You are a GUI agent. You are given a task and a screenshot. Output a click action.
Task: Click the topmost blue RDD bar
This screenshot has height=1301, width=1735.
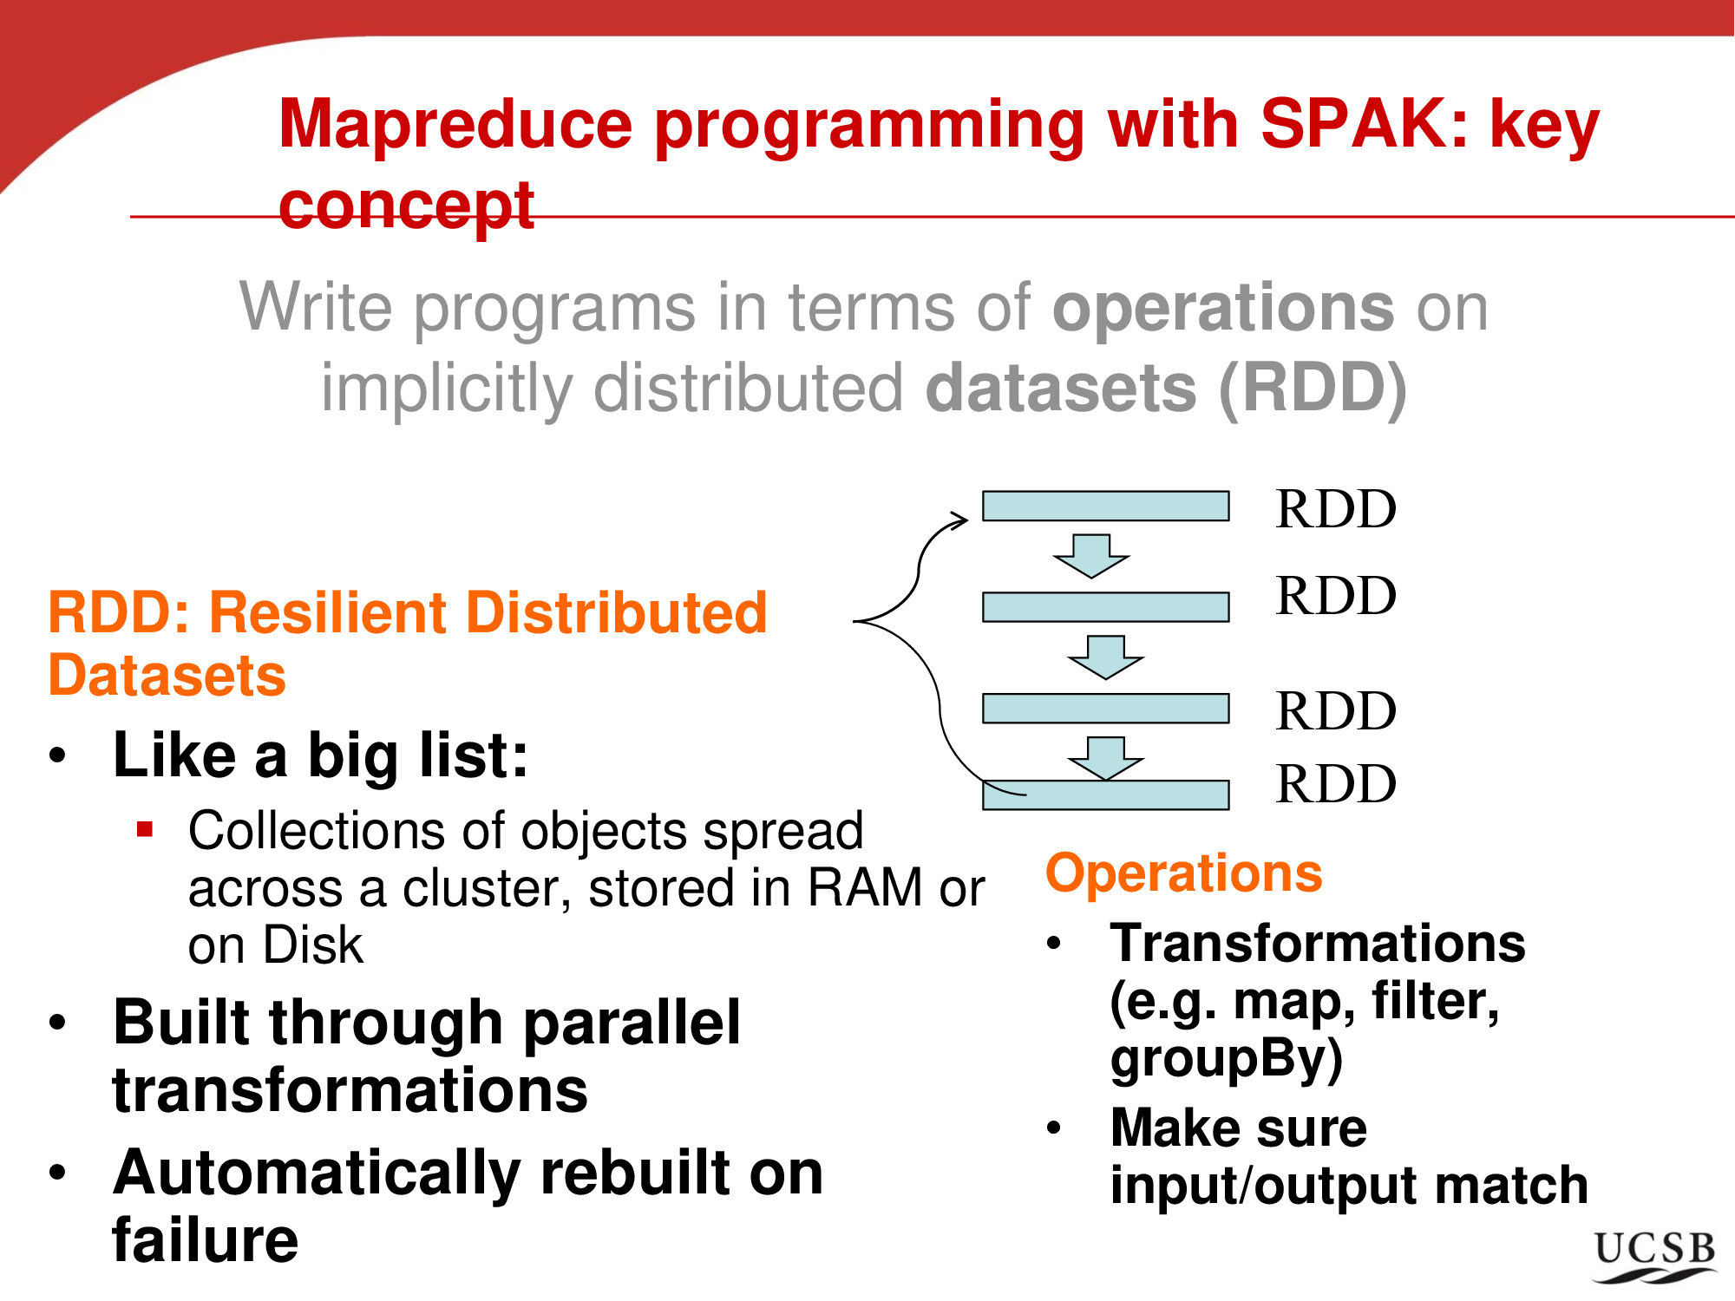click(1105, 506)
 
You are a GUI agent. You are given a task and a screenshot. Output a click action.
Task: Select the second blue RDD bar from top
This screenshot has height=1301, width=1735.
click(1105, 607)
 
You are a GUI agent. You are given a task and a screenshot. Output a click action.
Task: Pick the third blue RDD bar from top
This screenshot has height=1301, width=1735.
click(1105, 708)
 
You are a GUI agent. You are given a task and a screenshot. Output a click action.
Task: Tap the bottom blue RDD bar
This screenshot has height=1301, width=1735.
click(1105, 794)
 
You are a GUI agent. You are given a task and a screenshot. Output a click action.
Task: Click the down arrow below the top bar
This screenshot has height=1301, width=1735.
click(1090, 555)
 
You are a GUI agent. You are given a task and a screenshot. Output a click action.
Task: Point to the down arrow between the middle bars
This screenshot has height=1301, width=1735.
click(1105, 657)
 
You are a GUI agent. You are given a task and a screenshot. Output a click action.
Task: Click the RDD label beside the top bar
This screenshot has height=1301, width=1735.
click(1336, 509)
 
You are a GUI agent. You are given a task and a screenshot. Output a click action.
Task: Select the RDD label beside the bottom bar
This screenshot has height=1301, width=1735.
click(1336, 784)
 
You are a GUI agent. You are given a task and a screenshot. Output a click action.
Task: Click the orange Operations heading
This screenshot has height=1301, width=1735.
click(1183, 873)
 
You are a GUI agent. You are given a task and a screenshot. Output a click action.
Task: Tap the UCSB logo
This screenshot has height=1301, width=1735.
click(1654, 1256)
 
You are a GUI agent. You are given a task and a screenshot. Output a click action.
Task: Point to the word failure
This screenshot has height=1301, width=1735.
click(206, 1240)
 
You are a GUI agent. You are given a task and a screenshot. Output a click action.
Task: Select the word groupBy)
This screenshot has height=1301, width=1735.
click(1226, 1059)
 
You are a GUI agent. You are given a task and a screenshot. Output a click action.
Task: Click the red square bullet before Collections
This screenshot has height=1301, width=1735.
click(145, 829)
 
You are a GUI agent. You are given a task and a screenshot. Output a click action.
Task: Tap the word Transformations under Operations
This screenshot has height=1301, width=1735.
click(1317, 943)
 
